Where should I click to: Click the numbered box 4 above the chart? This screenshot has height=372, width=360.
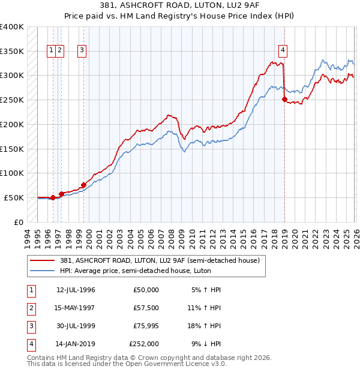tap(282, 50)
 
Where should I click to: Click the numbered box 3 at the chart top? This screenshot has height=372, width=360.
tap(81, 50)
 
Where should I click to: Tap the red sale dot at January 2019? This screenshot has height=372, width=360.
tap(284, 100)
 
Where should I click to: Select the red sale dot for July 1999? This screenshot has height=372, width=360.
tap(83, 185)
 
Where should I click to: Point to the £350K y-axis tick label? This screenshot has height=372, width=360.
tap(12, 51)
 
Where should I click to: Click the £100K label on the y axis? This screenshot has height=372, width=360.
tap(12, 173)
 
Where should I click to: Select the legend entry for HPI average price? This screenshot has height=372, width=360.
tap(159, 271)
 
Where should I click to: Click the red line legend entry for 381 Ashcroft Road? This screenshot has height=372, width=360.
tap(159, 260)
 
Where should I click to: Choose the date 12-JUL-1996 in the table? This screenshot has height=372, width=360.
tap(76, 290)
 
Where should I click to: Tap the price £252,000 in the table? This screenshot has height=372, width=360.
tap(144, 344)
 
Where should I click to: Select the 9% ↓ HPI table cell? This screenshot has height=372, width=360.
tap(205, 344)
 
